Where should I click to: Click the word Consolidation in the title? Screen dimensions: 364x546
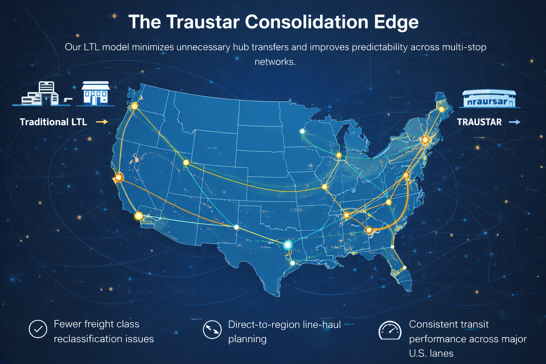(306, 22)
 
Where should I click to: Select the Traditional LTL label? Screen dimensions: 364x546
(53, 122)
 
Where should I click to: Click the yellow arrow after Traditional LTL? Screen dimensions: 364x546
(102, 122)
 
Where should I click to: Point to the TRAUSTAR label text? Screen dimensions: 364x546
(479, 122)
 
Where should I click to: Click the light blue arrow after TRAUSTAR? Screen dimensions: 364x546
(514, 122)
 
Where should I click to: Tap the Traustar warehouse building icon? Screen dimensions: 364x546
(489, 99)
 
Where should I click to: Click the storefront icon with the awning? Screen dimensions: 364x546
(95, 93)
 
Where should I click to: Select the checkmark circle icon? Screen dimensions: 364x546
(38, 329)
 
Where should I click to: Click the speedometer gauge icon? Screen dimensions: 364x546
(390, 331)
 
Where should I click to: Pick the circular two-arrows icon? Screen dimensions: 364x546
(212, 330)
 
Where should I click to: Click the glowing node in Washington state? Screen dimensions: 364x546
(134, 106)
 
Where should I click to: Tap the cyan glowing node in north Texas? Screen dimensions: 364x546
(288, 245)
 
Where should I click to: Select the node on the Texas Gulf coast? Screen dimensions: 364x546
(293, 263)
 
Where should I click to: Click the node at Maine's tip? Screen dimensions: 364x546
(441, 109)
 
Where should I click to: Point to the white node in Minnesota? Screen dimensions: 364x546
(303, 132)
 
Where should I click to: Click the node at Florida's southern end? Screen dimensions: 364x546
(404, 268)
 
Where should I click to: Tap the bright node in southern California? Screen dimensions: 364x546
(139, 216)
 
